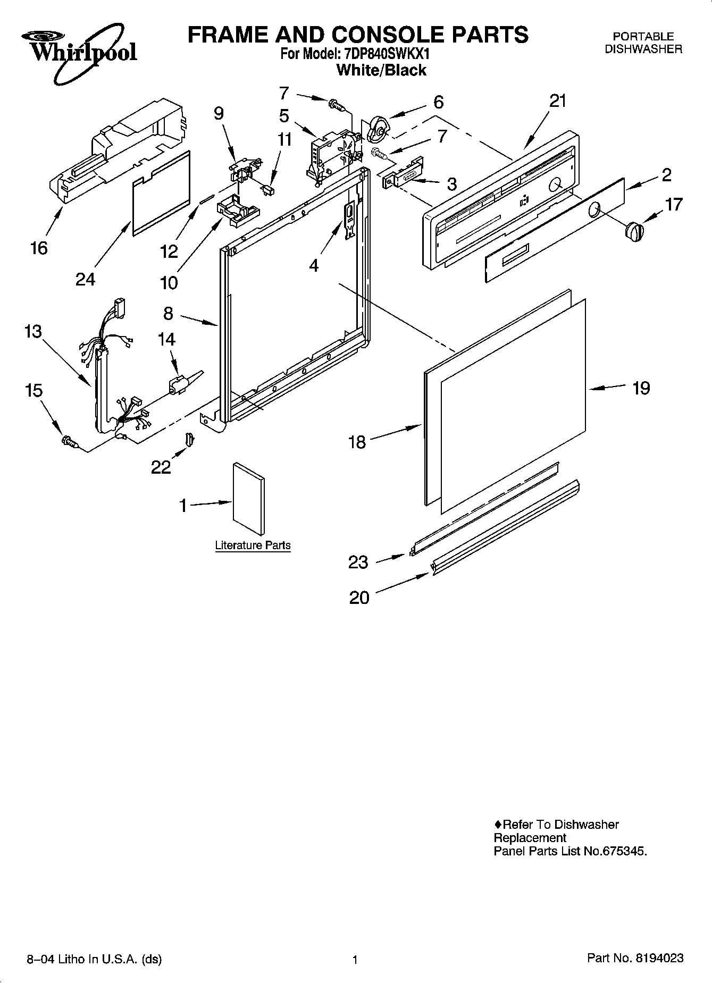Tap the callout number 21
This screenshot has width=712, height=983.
pyautogui.click(x=558, y=100)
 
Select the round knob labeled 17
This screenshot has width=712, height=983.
pyautogui.click(x=634, y=232)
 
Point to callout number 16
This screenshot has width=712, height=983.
pyautogui.click(x=39, y=248)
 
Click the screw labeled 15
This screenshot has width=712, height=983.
pyautogui.click(x=70, y=441)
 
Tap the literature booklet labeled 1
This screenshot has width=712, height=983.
pyautogui.click(x=248, y=499)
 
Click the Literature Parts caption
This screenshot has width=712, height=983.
pyautogui.click(x=253, y=545)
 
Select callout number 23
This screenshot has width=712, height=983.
pyautogui.click(x=358, y=562)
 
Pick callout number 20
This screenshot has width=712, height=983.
pyautogui.click(x=359, y=598)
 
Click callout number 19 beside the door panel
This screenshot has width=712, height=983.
pyautogui.click(x=641, y=388)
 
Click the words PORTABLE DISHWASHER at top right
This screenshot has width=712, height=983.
pyautogui.click(x=643, y=43)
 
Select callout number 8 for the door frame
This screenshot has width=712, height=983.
pyautogui.click(x=168, y=313)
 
